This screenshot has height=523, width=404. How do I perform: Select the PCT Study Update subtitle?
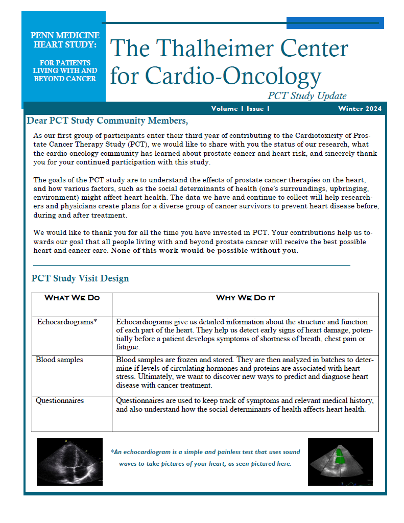tap(307, 96)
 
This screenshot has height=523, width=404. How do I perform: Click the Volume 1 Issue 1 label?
tap(240, 109)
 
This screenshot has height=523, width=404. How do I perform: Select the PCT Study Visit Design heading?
tap(80, 278)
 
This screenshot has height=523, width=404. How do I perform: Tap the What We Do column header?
tap(72, 298)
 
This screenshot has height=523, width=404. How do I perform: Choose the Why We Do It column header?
tap(245, 298)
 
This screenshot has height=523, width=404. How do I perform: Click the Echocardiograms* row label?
tap(67, 322)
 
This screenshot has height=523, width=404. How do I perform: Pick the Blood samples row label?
tap(59, 360)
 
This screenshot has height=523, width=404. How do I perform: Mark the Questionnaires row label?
tap(60, 400)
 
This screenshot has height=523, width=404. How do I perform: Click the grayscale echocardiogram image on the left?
tap(70, 462)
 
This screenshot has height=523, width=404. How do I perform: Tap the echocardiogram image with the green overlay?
tap(340, 462)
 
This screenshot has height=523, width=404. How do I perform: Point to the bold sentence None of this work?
tap(204, 251)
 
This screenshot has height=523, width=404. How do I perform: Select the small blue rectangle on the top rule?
tap(335, 23)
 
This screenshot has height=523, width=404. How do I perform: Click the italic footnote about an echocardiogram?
tap(205, 458)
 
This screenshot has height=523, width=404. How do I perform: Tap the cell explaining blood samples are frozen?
tap(245, 372)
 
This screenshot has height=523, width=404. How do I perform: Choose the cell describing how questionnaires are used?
tap(245, 405)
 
